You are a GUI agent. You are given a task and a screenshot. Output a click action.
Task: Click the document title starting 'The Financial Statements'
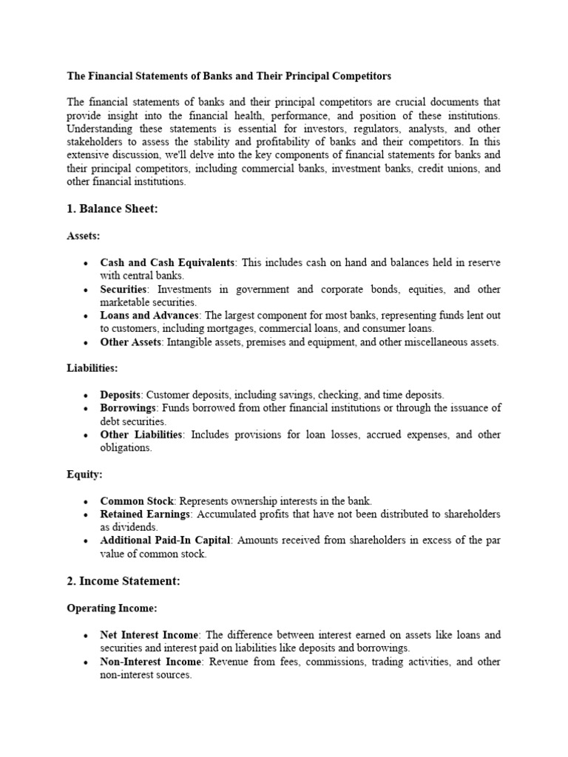[x=229, y=75]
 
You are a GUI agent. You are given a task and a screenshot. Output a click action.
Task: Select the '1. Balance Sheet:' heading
[x=112, y=209]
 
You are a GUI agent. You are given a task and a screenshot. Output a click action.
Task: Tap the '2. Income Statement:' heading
[x=123, y=581]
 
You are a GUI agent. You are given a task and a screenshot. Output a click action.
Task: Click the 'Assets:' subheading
[x=83, y=237]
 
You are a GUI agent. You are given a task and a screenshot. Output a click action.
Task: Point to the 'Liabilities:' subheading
[x=92, y=367]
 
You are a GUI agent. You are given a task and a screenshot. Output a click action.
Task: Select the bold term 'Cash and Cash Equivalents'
[x=167, y=263]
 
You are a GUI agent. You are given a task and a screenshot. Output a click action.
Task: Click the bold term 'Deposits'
[x=120, y=395]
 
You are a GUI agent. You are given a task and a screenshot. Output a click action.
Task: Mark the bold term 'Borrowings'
[x=128, y=408]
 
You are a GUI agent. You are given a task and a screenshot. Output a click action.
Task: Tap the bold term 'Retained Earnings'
[x=146, y=514]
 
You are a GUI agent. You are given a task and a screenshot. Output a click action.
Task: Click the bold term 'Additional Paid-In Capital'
[x=166, y=540]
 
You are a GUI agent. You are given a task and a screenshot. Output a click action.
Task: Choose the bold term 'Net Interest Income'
[x=149, y=634]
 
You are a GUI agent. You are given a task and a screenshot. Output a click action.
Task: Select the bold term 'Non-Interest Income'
[x=149, y=661]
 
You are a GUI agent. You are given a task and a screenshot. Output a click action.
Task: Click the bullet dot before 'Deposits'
[x=87, y=396]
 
